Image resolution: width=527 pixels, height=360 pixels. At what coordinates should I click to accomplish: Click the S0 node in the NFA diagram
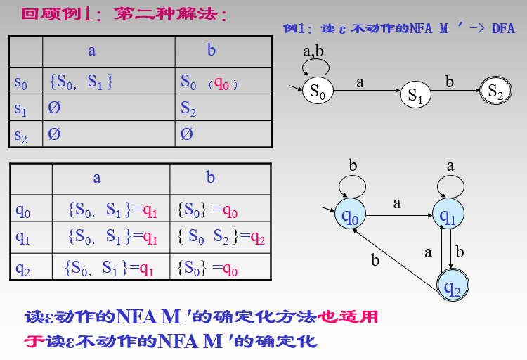pyautogui.click(x=318, y=91)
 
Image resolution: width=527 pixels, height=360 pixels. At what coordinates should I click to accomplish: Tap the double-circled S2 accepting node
pyautogui.click(x=495, y=91)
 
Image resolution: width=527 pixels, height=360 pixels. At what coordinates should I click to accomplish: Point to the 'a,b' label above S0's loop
pyautogui.click(x=313, y=51)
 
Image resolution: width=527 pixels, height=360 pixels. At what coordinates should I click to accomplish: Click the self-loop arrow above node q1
pyautogui.click(x=450, y=185)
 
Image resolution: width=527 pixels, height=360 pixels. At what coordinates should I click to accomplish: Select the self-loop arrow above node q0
pyautogui.click(x=351, y=185)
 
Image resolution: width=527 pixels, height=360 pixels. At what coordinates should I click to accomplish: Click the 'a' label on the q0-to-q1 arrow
pyautogui.click(x=397, y=202)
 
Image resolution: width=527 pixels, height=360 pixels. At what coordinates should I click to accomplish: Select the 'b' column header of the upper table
pyautogui.click(x=212, y=50)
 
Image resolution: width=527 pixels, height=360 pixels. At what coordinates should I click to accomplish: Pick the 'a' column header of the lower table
pyautogui.click(x=97, y=178)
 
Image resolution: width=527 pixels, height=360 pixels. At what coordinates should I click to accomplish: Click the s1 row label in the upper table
pyautogui.click(x=21, y=108)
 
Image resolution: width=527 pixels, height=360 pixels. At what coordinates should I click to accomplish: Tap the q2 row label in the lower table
pyautogui.click(x=23, y=268)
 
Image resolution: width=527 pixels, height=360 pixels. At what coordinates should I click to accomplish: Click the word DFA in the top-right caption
pyautogui.click(x=502, y=28)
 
